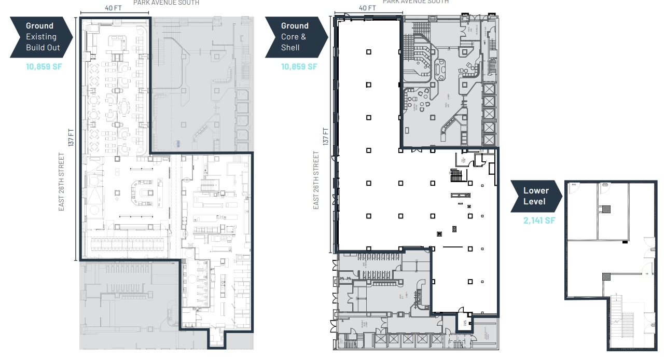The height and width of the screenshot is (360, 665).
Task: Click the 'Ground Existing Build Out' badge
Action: pyautogui.click(x=40, y=37)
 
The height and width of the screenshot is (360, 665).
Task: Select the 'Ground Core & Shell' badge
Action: pyautogui.click(x=295, y=37)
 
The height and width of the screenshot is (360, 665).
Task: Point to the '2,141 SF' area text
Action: pyautogui.click(x=539, y=220)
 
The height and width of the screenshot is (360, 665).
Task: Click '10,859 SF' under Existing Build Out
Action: pyautogui.click(x=44, y=66)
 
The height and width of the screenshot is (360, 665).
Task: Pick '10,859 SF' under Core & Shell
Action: pyautogui.click(x=299, y=66)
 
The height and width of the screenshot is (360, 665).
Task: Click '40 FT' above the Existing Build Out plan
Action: pyautogui.click(x=113, y=8)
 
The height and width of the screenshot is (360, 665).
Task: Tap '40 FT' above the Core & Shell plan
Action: pyautogui.click(x=367, y=8)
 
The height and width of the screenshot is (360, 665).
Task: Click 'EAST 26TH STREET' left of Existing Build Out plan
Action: pyautogui.click(x=62, y=181)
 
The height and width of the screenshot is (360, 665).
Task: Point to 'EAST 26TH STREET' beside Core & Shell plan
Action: pyautogui.click(x=316, y=181)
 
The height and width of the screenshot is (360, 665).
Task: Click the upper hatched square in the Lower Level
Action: pyautogui.click(x=606, y=210)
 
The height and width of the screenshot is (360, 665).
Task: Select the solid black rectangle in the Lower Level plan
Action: pyautogui.click(x=625, y=242)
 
